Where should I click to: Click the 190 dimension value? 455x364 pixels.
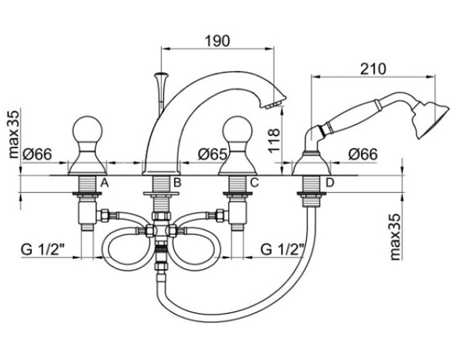[x=217, y=41]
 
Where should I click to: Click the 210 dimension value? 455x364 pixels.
[x=373, y=69]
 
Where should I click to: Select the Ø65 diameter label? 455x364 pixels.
[x=212, y=154]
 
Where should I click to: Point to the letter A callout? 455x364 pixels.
[x=105, y=183]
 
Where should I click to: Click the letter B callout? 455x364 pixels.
[x=177, y=182]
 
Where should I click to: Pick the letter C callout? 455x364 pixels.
[x=254, y=182]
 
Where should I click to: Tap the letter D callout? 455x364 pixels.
[x=330, y=182]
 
